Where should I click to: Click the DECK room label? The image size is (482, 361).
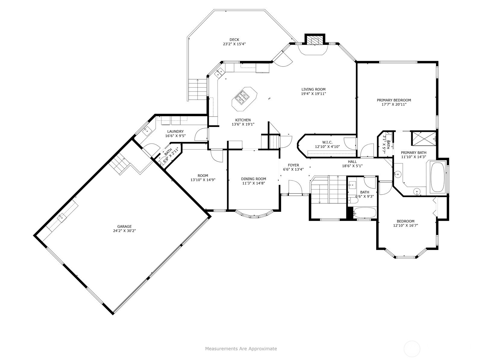[234, 40]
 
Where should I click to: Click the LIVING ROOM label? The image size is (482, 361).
[313, 89]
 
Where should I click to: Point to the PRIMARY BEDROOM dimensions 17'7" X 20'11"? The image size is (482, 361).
[394, 105]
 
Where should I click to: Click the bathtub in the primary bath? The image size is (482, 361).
[437, 177]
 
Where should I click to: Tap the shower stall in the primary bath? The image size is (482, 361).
[424, 138]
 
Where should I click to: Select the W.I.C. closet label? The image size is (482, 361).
[327, 143]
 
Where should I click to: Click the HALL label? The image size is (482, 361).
[352, 162]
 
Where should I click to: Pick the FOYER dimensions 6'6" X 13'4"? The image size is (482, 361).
[293, 169]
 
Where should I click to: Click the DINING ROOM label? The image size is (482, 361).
[254, 179]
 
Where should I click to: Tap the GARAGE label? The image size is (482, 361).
[124, 227]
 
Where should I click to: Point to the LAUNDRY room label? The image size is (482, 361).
[175, 131]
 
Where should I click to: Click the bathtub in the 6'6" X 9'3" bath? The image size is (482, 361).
[365, 213]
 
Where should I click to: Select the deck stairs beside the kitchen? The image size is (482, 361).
[198, 89]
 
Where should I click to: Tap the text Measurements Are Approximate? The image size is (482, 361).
[241, 348]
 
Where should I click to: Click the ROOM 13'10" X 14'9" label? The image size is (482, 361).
[203, 176]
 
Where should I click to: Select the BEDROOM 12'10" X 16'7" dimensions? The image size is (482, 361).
[405, 225]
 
